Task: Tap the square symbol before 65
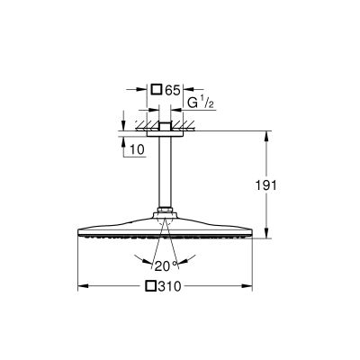pyautogui.click(x=157, y=90)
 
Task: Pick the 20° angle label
pyautogui.click(x=162, y=266)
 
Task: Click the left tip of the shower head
pyautogui.click(x=80, y=229)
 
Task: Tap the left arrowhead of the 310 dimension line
pyautogui.click(x=83, y=288)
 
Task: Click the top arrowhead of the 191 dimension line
pyautogui.click(x=266, y=134)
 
